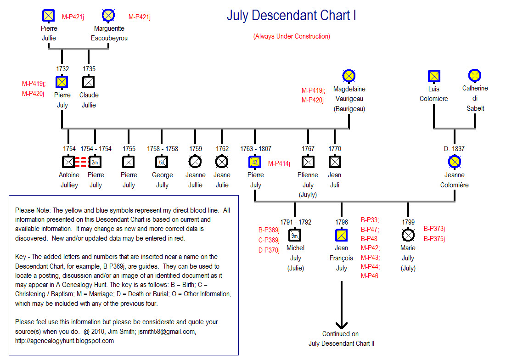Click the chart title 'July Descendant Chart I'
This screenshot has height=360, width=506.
[x=292, y=16]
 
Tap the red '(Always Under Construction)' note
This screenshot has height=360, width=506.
[x=292, y=36]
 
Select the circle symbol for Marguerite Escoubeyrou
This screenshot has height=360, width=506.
[x=108, y=16]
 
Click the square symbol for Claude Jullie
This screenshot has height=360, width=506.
[x=88, y=82]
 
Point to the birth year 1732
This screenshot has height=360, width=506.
[x=62, y=69]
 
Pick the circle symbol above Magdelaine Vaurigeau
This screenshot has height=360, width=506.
[x=349, y=76]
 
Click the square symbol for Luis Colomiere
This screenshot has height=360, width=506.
[x=434, y=76]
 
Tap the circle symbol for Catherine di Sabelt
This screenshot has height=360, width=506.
[x=474, y=75]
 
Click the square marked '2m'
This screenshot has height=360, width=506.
[x=95, y=162]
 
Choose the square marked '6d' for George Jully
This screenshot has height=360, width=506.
[x=162, y=162]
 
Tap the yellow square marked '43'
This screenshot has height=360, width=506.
[x=255, y=162]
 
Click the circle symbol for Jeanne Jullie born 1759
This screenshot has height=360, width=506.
[x=195, y=162]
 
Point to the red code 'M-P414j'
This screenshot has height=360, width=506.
[x=279, y=163]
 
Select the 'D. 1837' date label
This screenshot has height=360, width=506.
[x=454, y=149]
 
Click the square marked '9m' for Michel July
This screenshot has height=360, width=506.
[x=295, y=235]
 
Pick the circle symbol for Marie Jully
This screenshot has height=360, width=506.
[x=408, y=235]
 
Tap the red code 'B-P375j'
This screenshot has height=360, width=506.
[x=434, y=238]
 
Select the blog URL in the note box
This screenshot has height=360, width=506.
[x=65, y=341]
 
